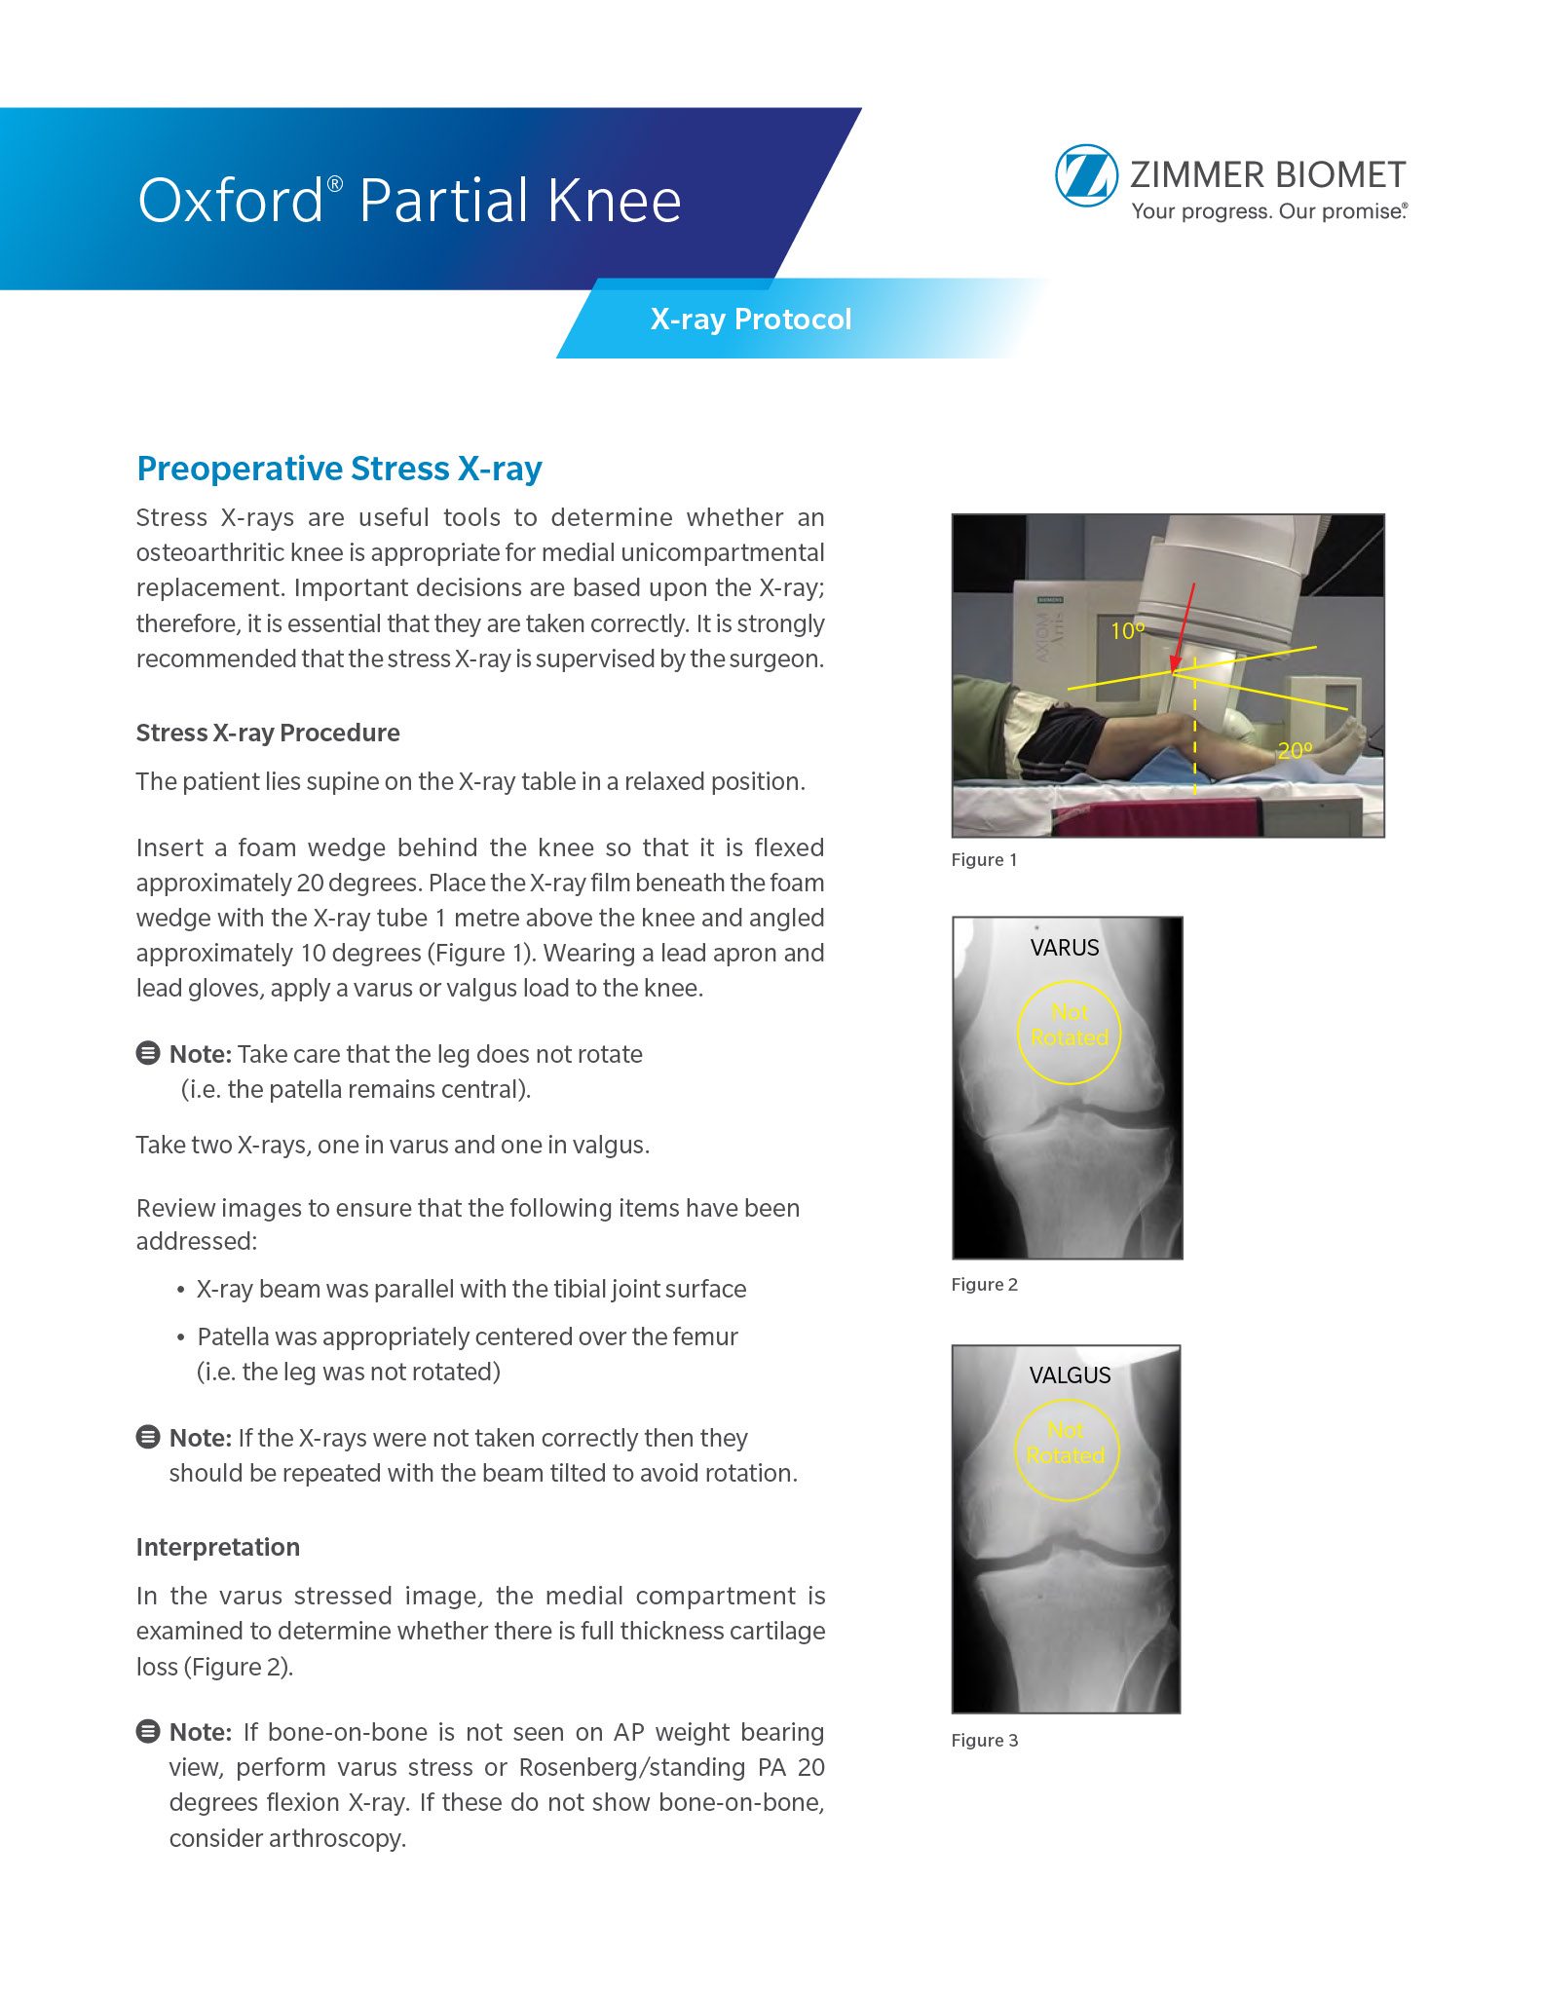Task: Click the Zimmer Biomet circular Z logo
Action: (1086, 176)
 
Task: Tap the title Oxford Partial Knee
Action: (409, 201)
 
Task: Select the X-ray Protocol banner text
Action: (750, 320)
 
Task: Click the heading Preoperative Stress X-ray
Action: (339, 469)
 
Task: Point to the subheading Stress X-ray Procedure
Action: (268, 733)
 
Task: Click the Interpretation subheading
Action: (218, 1547)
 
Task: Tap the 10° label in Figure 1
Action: (1127, 631)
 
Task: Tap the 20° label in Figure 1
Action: (1295, 750)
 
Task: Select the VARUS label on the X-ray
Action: (1065, 948)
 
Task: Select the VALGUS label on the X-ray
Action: (1070, 1375)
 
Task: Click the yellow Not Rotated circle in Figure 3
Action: (1067, 1449)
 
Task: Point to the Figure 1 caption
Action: (984, 860)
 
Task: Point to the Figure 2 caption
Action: (984, 1285)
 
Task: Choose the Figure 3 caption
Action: (984, 1741)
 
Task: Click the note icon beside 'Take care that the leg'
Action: (148, 1053)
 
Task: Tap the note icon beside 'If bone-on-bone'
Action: (148, 1731)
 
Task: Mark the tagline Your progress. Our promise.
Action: (1268, 211)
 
